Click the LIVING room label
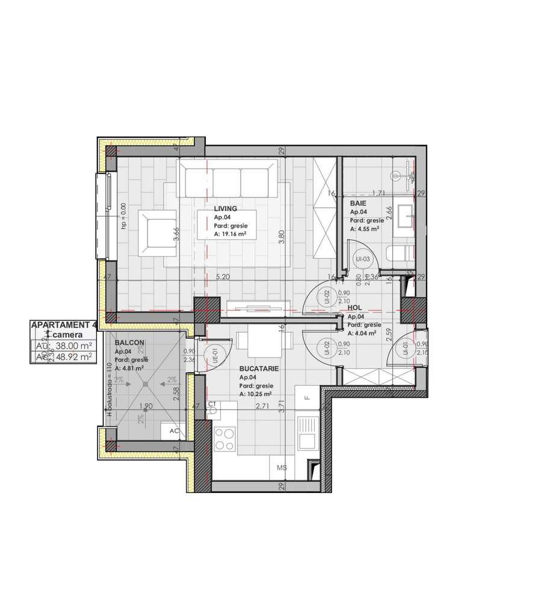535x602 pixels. [x=225, y=208]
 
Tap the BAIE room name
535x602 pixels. [x=358, y=204]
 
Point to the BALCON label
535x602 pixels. [x=129, y=343]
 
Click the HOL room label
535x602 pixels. [x=355, y=308]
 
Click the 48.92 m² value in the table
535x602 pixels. [x=72, y=356]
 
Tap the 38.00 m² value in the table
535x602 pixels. [x=72, y=346]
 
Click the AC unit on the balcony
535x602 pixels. [x=173, y=431]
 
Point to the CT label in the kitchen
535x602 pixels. [x=212, y=405]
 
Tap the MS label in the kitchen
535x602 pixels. [x=281, y=467]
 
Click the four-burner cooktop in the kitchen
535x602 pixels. [x=225, y=438]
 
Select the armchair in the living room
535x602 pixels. [x=156, y=232]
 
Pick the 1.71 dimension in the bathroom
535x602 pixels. [x=378, y=193]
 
